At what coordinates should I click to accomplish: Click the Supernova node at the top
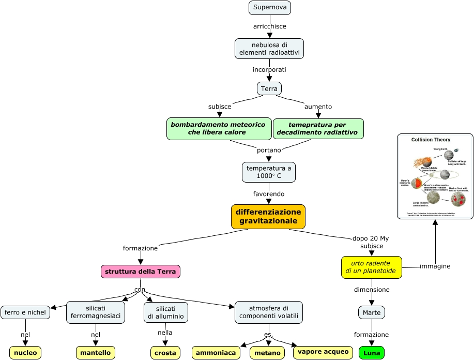pos(269,8)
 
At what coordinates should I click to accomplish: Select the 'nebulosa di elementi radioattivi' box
pos(269,49)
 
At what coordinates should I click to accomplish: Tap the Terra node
pos(269,88)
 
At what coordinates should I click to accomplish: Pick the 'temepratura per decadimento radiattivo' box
pos(317,129)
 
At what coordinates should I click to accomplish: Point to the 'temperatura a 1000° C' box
pos(269,172)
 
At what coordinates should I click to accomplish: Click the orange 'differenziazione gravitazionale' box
pos(268,216)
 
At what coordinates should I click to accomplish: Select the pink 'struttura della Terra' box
pos(141,272)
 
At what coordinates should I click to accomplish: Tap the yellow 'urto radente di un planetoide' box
pos(371,267)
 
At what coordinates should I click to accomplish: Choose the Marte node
pos(372,312)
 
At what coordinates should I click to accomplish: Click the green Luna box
pos(372,353)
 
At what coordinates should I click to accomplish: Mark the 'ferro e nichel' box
pos(25,312)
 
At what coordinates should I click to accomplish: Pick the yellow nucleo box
pos(25,353)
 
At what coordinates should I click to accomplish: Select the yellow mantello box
pos(96,353)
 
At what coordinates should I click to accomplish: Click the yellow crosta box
pos(165,353)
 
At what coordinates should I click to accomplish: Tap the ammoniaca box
pos(216,353)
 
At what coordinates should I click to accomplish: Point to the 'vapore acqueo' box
pos(323,352)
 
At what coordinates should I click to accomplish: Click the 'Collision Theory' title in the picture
pos(431,140)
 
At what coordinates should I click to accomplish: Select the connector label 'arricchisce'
pos(269,26)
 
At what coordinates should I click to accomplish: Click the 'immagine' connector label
pos(435,266)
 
